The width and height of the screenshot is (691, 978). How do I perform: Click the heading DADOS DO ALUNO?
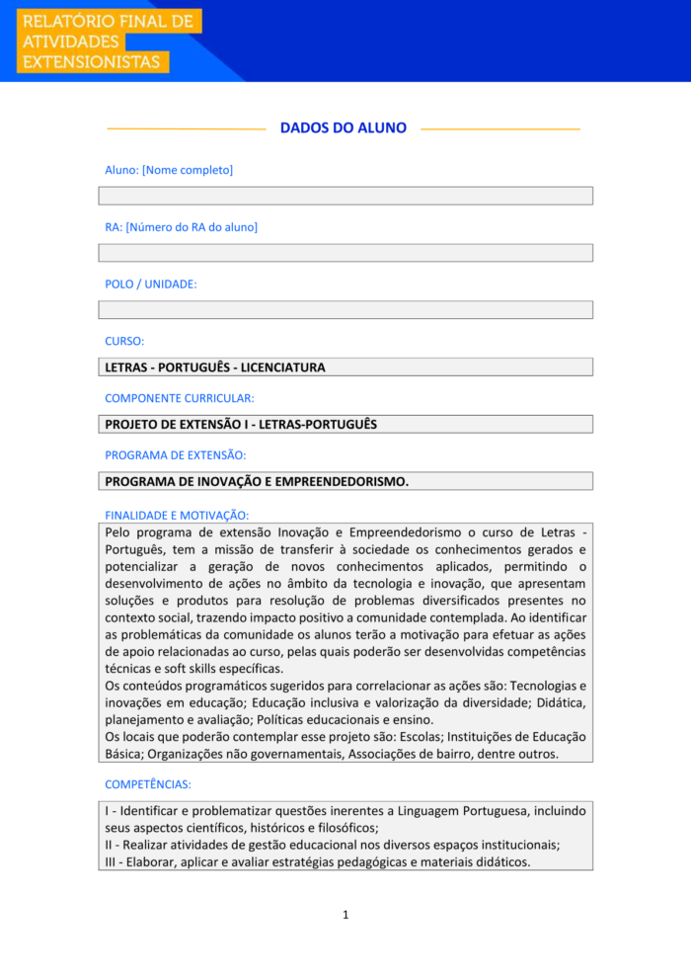(x=344, y=128)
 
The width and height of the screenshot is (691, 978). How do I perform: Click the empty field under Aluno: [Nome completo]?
(x=345, y=196)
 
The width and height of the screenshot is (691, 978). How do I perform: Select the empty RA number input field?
(x=345, y=253)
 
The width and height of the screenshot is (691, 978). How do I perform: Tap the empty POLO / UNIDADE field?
(x=345, y=310)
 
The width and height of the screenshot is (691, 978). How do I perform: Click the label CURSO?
(x=124, y=341)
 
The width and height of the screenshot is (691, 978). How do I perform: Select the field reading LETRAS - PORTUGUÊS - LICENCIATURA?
(x=345, y=367)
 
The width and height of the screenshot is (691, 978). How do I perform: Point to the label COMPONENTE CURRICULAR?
(x=180, y=398)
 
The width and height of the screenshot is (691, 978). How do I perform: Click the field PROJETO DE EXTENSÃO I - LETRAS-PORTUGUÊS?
(x=345, y=425)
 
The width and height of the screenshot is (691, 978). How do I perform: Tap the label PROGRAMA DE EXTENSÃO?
(x=176, y=455)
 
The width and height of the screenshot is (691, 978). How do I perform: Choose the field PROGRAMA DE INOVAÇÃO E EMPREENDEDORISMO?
(x=345, y=481)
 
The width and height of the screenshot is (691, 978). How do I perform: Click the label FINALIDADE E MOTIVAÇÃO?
(x=177, y=515)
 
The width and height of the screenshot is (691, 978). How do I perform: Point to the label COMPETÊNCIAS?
(x=148, y=784)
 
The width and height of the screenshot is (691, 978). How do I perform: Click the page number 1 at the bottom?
(x=345, y=915)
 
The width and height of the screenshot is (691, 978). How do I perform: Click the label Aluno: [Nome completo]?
(x=169, y=170)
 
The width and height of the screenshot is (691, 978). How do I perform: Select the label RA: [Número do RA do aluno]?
(x=182, y=227)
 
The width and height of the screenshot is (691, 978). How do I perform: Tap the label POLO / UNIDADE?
(x=151, y=284)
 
